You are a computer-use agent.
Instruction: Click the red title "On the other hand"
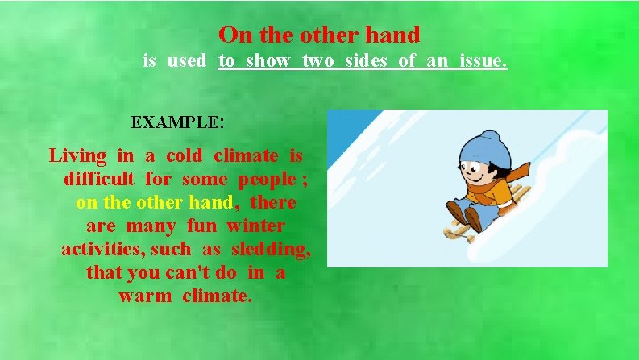pos(319,35)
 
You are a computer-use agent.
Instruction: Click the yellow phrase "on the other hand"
pos(154,202)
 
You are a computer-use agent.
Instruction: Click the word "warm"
pos(145,296)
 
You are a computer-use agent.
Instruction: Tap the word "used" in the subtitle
pos(187,60)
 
